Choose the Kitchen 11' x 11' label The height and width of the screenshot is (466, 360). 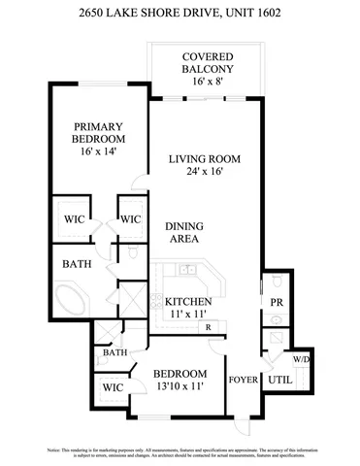(x=188, y=308)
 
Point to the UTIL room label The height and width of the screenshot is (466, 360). (x=280, y=381)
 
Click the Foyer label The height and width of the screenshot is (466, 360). (x=241, y=380)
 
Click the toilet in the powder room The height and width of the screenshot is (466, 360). (x=275, y=339)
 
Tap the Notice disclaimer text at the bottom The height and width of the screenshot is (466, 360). (x=180, y=453)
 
